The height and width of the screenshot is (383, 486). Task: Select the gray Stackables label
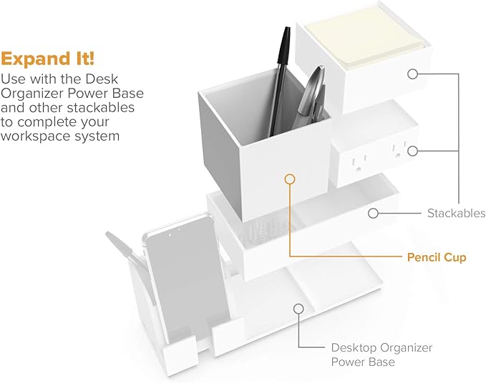[456, 213]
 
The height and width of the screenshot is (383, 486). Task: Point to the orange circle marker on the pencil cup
[289, 179]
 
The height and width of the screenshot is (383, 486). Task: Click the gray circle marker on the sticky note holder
[412, 73]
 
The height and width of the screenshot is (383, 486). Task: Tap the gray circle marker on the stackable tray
[373, 212]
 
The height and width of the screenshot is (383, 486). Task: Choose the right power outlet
[396, 149]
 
